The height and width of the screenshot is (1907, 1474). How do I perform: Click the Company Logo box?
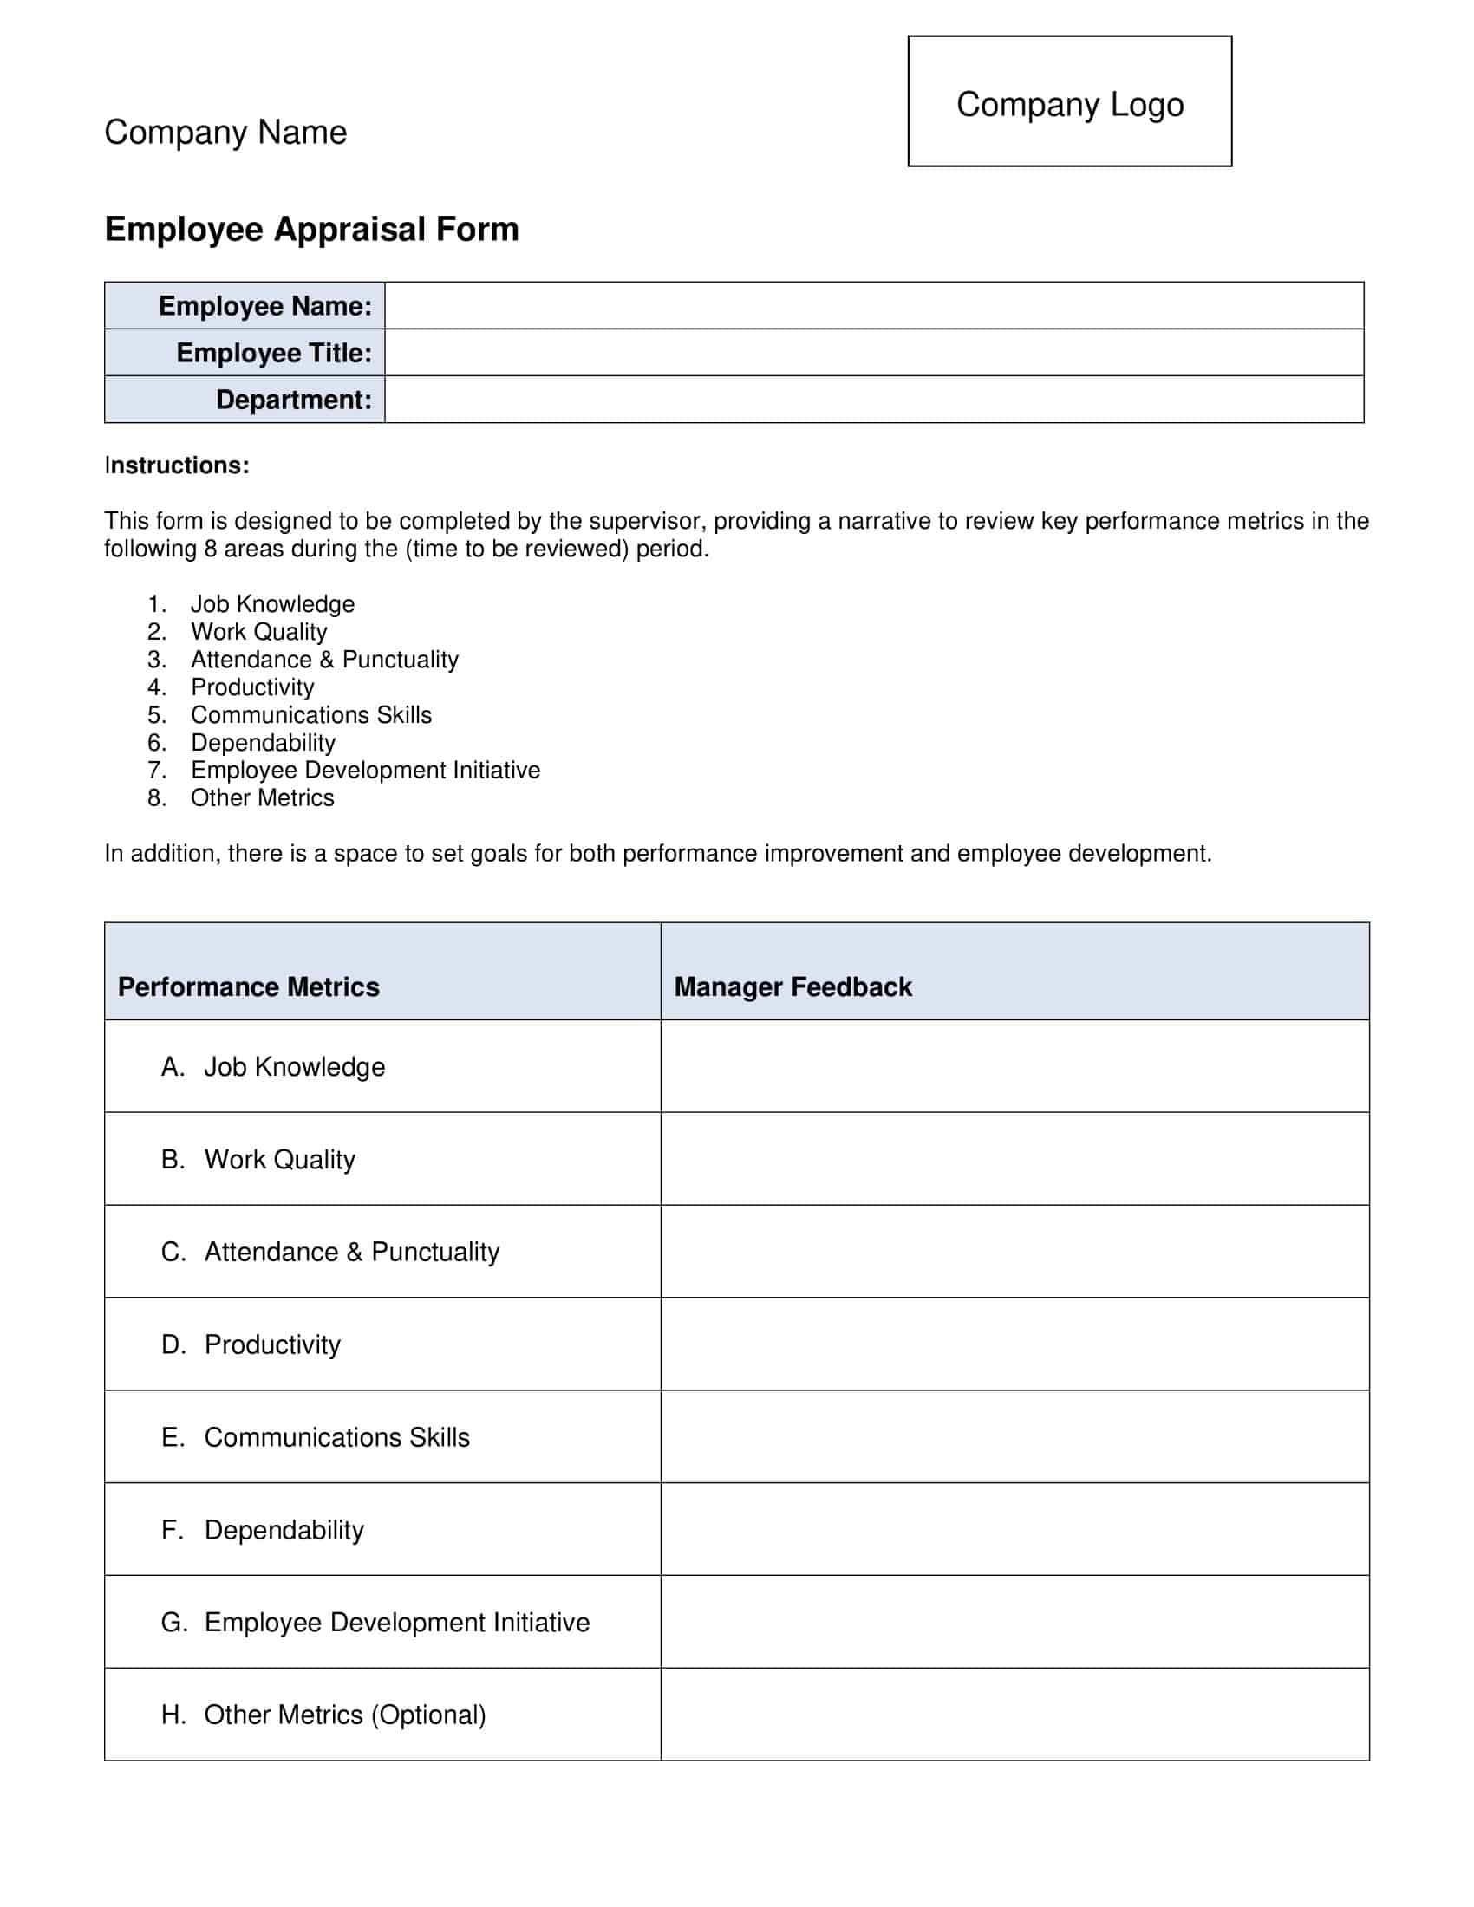(x=1069, y=101)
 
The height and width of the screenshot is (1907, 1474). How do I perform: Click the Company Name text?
(x=225, y=133)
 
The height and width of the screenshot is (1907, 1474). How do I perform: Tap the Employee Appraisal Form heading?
(x=312, y=229)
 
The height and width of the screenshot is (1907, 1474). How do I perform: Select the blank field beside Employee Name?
(x=873, y=306)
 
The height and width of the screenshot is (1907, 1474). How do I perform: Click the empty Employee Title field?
(x=873, y=353)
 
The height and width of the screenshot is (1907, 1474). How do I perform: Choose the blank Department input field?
(x=873, y=400)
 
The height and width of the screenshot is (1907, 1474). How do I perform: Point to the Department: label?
(x=293, y=400)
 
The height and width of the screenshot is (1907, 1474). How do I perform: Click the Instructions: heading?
(x=176, y=465)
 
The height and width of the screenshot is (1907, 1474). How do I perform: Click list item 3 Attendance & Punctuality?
(x=324, y=660)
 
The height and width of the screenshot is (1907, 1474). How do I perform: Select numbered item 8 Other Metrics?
(x=262, y=798)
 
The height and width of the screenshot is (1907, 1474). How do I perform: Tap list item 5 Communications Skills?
(x=311, y=715)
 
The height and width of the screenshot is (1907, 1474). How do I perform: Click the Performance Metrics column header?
(x=249, y=986)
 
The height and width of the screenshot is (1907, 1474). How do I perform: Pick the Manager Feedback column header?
(x=792, y=986)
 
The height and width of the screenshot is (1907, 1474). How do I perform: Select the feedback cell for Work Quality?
(x=1014, y=1159)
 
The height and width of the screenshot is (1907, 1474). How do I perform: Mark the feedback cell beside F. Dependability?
(x=1014, y=1530)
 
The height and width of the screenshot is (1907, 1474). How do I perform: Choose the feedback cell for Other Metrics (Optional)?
(x=1014, y=1715)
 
